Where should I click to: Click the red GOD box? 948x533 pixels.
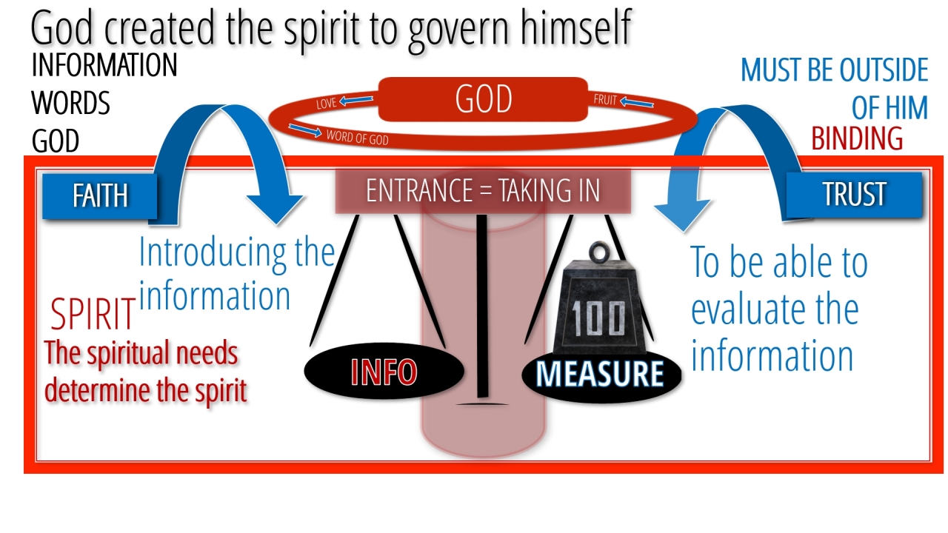click(x=483, y=99)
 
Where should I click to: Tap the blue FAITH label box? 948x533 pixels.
click(x=99, y=196)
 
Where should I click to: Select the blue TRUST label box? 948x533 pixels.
click(x=854, y=195)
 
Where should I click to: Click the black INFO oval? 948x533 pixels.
click(x=384, y=372)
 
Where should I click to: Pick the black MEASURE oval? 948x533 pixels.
click(x=601, y=374)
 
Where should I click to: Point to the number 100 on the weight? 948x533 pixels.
click(x=598, y=318)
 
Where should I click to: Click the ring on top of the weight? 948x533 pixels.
click(x=600, y=252)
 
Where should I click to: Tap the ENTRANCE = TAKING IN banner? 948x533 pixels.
click(x=483, y=191)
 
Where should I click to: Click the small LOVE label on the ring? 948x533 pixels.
click(x=327, y=103)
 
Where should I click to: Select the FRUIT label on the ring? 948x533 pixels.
click(x=605, y=100)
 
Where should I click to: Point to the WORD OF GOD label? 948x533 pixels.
click(x=357, y=138)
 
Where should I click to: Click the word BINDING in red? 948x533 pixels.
click(x=857, y=138)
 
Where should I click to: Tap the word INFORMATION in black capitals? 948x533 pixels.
click(x=104, y=65)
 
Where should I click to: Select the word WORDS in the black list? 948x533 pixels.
click(x=70, y=103)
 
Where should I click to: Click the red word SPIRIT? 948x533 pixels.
click(x=93, y=314)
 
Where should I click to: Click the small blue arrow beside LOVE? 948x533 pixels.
click(x=356, y=100)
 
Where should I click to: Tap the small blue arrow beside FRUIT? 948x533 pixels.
click(x=637, y=102)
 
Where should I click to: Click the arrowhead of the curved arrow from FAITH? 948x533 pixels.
click(x=275, y=208)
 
